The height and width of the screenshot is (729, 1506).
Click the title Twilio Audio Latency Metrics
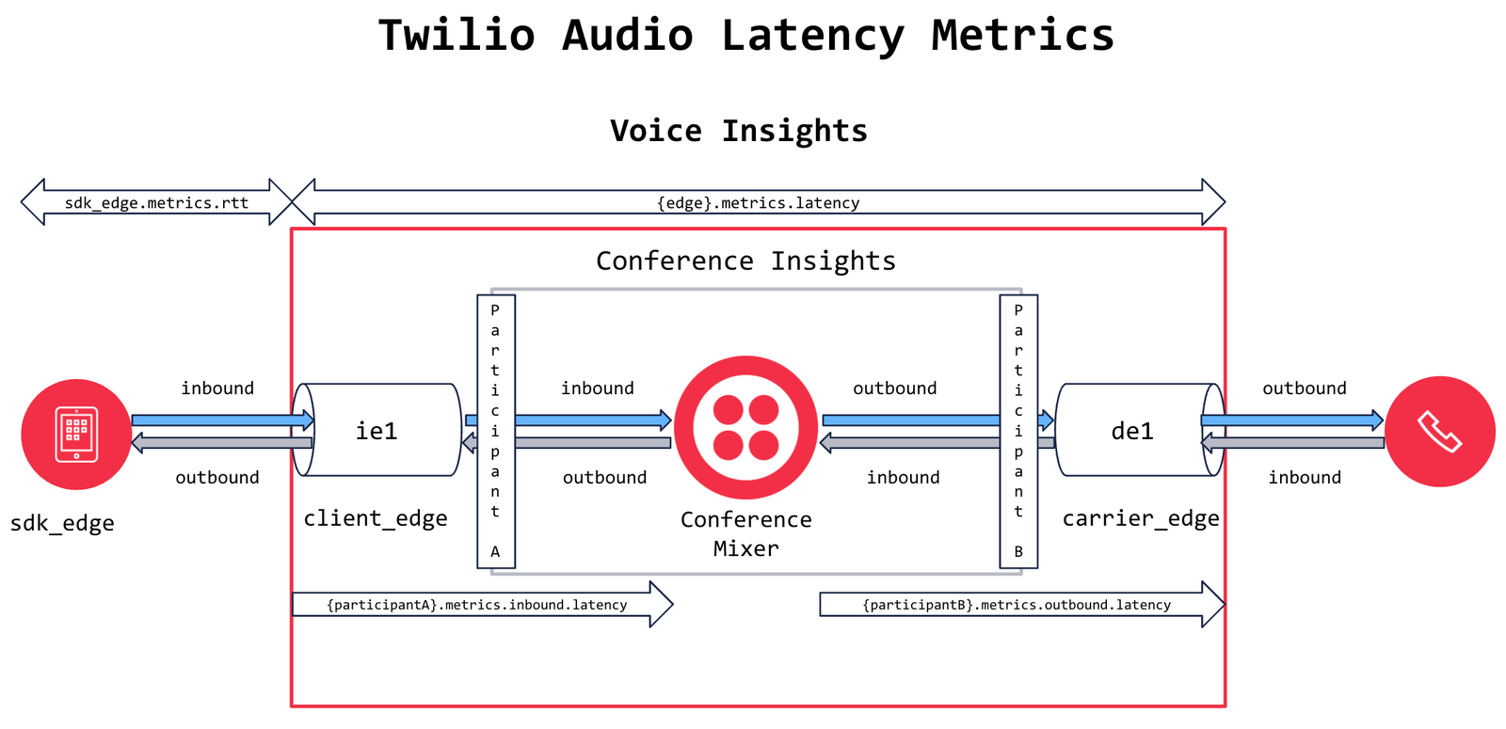746,36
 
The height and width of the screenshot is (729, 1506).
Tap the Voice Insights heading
739,131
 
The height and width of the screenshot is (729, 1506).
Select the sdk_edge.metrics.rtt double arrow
156,202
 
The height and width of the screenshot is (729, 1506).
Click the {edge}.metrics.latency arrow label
758,202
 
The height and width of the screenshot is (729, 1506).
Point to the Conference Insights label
745,261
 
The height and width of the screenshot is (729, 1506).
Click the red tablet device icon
76,434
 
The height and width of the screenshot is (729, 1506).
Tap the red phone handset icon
1439,432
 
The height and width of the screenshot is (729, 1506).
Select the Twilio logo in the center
745,427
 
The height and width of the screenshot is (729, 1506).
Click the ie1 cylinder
376,430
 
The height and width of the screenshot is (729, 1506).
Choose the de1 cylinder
1133,430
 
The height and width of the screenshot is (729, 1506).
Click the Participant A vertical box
496,432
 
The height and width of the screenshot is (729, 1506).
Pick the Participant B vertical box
1018,432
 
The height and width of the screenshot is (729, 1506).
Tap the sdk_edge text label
62,523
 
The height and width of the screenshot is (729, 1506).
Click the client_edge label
375,518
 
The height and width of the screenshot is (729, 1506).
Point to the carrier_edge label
1141,518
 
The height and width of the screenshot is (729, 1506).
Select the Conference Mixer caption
745,533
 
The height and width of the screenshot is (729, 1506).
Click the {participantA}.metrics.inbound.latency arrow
477,604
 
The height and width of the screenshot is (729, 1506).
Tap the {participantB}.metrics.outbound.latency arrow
1017,604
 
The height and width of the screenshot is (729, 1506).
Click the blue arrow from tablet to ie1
221,420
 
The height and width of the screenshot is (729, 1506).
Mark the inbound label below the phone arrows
1304,478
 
